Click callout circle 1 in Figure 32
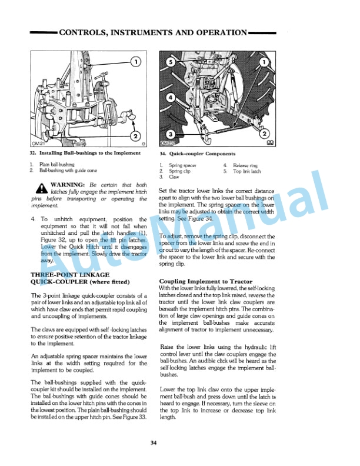[135, 62]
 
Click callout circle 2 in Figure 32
[135, 137]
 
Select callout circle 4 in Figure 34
[171, 96]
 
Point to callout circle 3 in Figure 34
[171, 134]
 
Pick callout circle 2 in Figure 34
[265, 134]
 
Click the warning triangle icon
[41, 188]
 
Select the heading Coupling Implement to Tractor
[206, 281]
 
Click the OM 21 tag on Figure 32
[39, 143]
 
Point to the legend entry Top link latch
[246, 171]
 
